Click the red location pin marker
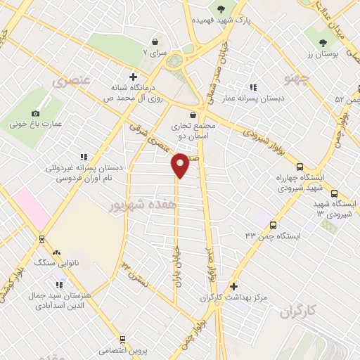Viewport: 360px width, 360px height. click(x=181, y=165)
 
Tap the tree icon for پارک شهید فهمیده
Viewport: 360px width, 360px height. click(x=222, y=9)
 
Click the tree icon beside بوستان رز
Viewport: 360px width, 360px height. click(x=323, y=43)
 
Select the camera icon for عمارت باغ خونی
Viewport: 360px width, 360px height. click(x=36, y=113)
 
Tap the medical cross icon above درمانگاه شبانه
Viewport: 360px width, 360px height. click(x=133, y=77)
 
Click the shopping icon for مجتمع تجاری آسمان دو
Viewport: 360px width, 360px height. click(x=193, y=114)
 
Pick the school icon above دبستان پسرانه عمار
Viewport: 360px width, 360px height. click(x=252, y=87)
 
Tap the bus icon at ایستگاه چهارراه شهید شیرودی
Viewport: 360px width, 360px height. click(x=300, y=167)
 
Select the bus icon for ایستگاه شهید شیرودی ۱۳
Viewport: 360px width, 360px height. click(x=333, y=193)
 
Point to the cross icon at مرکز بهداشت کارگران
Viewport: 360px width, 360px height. click(x=234, y=286)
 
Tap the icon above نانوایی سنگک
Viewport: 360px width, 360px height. click(x=56, y=252)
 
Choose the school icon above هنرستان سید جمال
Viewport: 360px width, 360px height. click(x=59, y=285)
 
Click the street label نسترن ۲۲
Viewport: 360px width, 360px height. click(x=136, y=274)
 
